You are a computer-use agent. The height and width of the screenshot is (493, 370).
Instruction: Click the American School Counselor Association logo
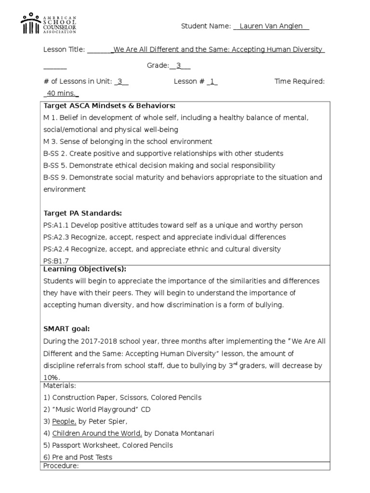(x=48, y=23)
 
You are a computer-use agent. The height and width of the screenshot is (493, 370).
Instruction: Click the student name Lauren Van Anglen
(x=271, y=26)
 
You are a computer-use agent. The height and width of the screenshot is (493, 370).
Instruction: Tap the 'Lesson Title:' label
(x=64, y=50)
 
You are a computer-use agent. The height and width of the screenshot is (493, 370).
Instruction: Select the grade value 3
(x=178, y=65)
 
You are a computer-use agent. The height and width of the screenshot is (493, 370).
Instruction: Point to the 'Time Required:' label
(x=300, y=81)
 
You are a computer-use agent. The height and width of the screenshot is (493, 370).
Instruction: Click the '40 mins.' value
(x=62, y=93)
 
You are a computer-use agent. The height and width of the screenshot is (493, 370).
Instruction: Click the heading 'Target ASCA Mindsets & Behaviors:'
(x=109, y=105)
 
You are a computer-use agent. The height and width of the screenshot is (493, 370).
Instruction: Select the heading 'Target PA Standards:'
(x=82, y=213)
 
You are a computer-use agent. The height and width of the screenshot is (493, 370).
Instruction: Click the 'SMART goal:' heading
(x=66, y=329)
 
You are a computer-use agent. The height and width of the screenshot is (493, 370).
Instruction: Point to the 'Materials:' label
(x=60, y=386)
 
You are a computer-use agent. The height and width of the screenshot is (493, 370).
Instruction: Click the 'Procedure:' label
(x=61, y=466)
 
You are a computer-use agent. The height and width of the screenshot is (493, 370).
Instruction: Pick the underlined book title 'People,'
(x=64, y=421)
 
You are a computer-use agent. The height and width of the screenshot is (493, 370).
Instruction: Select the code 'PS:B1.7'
(x=56, y=261)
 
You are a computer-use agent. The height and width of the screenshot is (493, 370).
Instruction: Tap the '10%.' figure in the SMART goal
(x=52, y=377)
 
